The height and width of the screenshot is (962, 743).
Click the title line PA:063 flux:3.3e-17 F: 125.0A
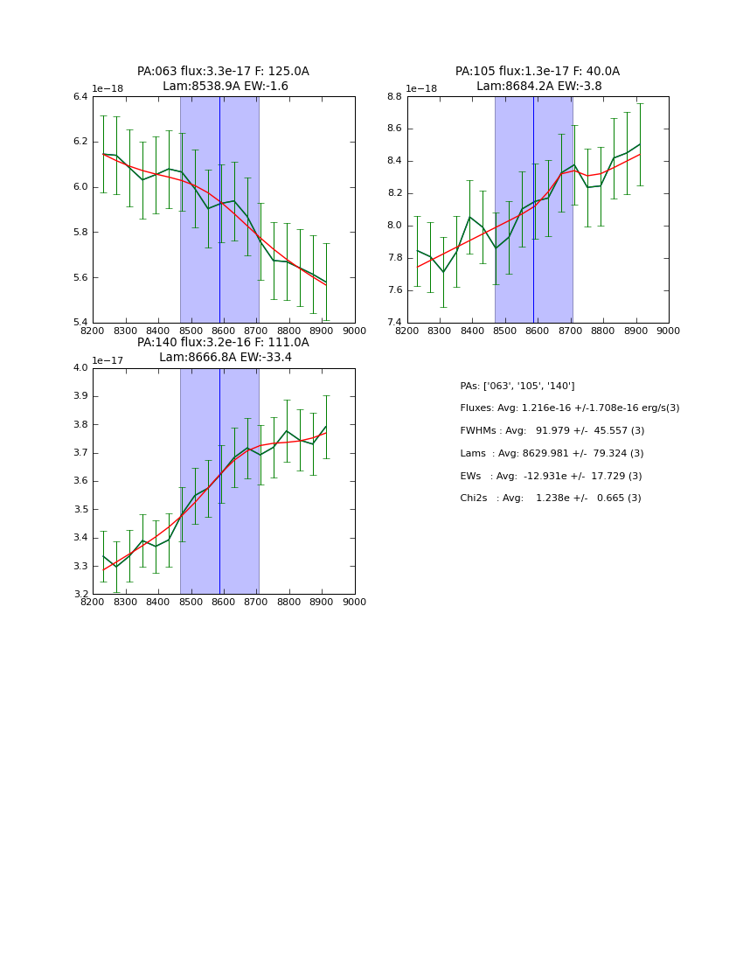point(223,72)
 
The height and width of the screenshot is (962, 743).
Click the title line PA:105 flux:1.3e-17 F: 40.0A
point(537,72)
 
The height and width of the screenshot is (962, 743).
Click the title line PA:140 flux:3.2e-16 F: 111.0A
point(223,343)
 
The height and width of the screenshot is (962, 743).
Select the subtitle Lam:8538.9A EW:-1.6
point(225,87)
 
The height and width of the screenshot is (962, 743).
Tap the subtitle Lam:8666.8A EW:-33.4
point(225,358)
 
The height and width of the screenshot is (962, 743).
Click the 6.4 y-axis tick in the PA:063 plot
point(80,96)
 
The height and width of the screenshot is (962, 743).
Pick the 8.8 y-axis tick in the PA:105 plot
point(394,96)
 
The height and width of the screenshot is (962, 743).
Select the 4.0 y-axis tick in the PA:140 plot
point(80,368)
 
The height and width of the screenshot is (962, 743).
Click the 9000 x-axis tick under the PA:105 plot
point(668,331)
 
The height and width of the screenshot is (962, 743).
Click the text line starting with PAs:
point(517,387)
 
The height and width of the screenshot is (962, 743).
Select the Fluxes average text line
point(569,408)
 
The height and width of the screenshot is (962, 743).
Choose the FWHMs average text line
point(552,431)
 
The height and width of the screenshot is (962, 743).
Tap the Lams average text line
point(552,454)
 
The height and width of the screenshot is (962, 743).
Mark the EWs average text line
point(551,477)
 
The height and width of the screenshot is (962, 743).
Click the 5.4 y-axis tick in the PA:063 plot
point(80,323)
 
